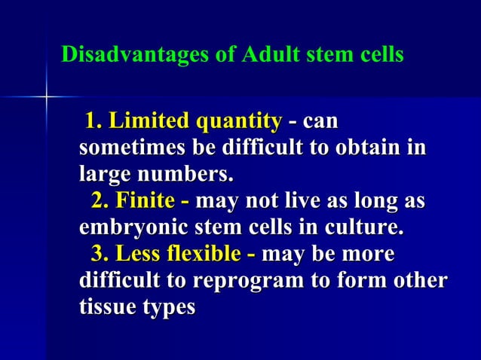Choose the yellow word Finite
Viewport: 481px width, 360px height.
(x=145, y=202)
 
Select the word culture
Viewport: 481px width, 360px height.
(x=366, y=227)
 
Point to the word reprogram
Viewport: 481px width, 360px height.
(x=248, y=281)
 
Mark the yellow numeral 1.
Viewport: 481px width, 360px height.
(x=93, y=121)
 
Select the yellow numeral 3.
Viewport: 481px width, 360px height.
(x=99, y=254)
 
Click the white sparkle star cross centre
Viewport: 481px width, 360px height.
(x=46, y=97)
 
